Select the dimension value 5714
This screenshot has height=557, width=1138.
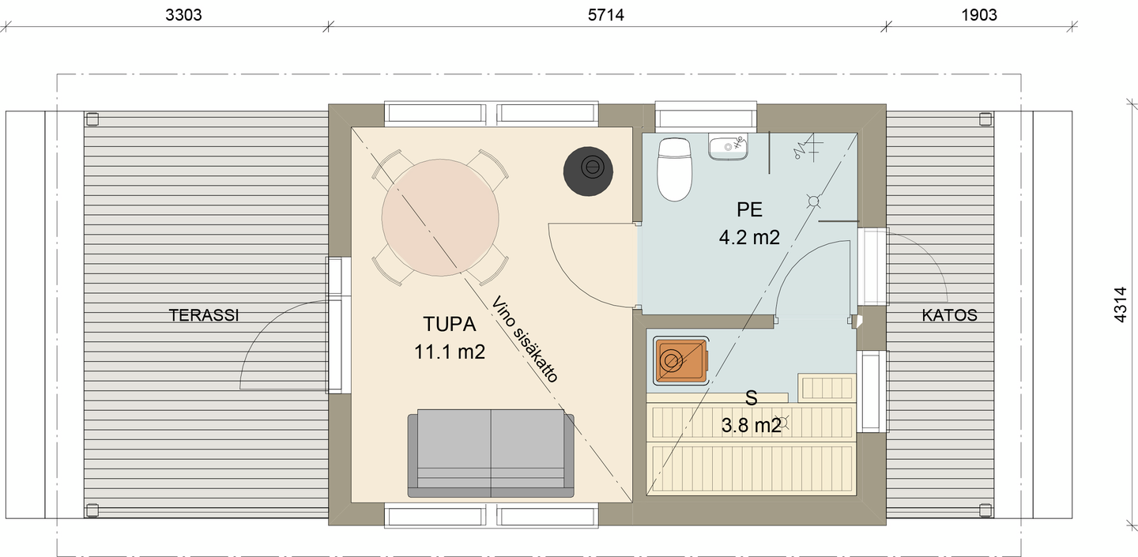(x=606, y=14)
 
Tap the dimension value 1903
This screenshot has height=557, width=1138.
(x=980, y=14)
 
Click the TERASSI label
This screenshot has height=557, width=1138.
(x=204, y=316)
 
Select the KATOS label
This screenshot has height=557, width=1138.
(x=949, y=316)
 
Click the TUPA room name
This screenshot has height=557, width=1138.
(x=448, y=326)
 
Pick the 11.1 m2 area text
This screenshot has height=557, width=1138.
(x=449, y=353)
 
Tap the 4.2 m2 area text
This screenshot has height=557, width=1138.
(x=749, y=237)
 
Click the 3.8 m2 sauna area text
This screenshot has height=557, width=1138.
(x=751, y=427)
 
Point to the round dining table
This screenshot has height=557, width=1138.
(x=440, y=216)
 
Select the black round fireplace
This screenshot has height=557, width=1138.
(x=588, y=167)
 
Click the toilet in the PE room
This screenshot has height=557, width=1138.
(x=675, y=167)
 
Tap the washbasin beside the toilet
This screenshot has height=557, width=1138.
(x=728, y=147)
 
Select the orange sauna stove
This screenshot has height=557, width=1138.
(x=680, y=362)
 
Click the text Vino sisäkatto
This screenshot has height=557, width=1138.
(x=524, y=340)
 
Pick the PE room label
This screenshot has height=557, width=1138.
(x=749, y=210)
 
